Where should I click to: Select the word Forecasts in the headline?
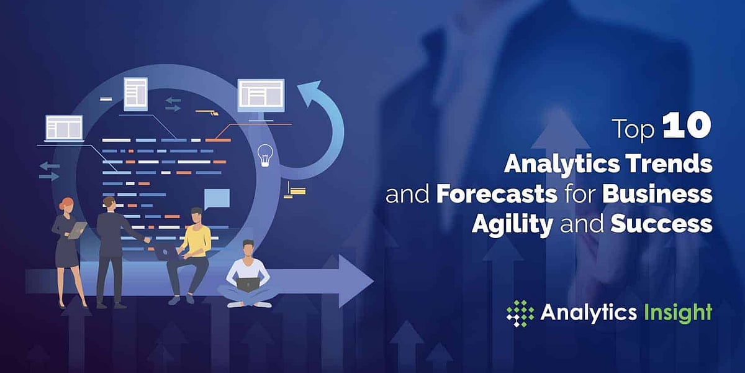[495, 194]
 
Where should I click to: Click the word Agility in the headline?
[512, 224]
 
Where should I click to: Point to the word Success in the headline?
[661, 224]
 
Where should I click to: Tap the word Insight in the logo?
[679, 312]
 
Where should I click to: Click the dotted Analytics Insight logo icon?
[520, 313]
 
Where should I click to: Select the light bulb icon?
[266, 155]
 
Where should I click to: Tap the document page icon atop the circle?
[135, 94]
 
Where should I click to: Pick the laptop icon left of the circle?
[64, 129]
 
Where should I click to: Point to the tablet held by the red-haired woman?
[78, 230]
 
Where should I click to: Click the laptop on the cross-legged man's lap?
[248, 285]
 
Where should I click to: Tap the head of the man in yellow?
[196, 216]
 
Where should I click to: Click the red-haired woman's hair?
[65, 203]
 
